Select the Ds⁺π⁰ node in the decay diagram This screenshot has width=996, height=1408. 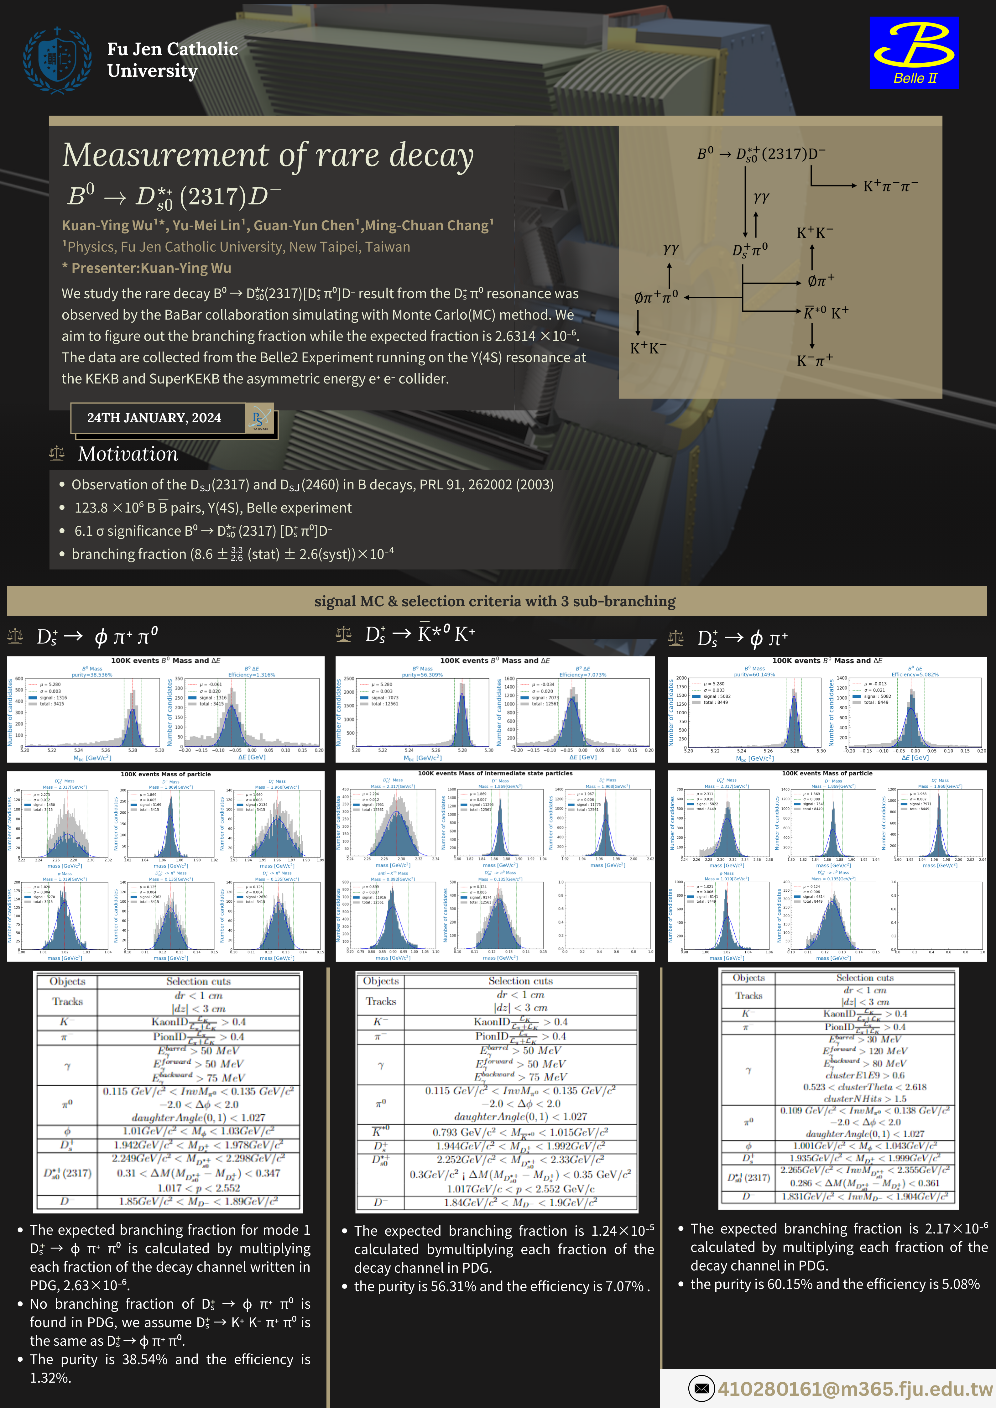click(749, 250)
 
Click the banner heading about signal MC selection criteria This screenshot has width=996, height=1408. click(495, 601)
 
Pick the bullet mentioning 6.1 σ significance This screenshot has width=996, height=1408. click(202, 531)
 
